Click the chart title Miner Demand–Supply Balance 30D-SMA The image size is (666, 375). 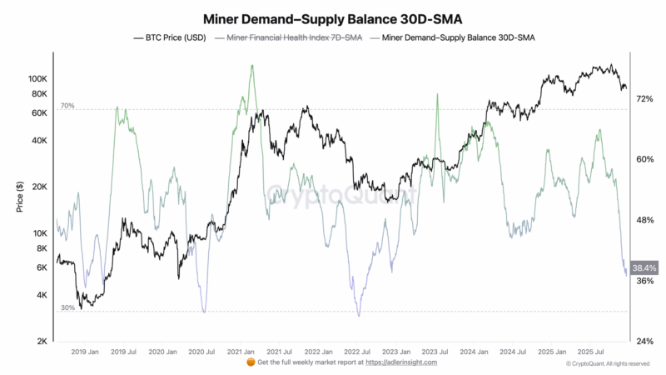coord(333,17)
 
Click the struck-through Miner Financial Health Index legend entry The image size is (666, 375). coord(288,38)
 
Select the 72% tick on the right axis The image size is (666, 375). coord(644,98)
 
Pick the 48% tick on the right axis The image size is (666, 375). coord(644,220)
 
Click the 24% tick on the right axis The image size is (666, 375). coord(644,342)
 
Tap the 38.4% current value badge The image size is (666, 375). coord(644,268)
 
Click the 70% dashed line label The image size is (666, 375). coord(67,107)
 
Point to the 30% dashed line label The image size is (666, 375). coord(67,307)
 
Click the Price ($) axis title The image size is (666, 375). coord(19,197)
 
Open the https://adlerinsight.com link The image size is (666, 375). coord(400,362)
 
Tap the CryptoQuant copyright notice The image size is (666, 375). coord(608,364)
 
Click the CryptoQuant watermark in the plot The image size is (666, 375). coord(341,196)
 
